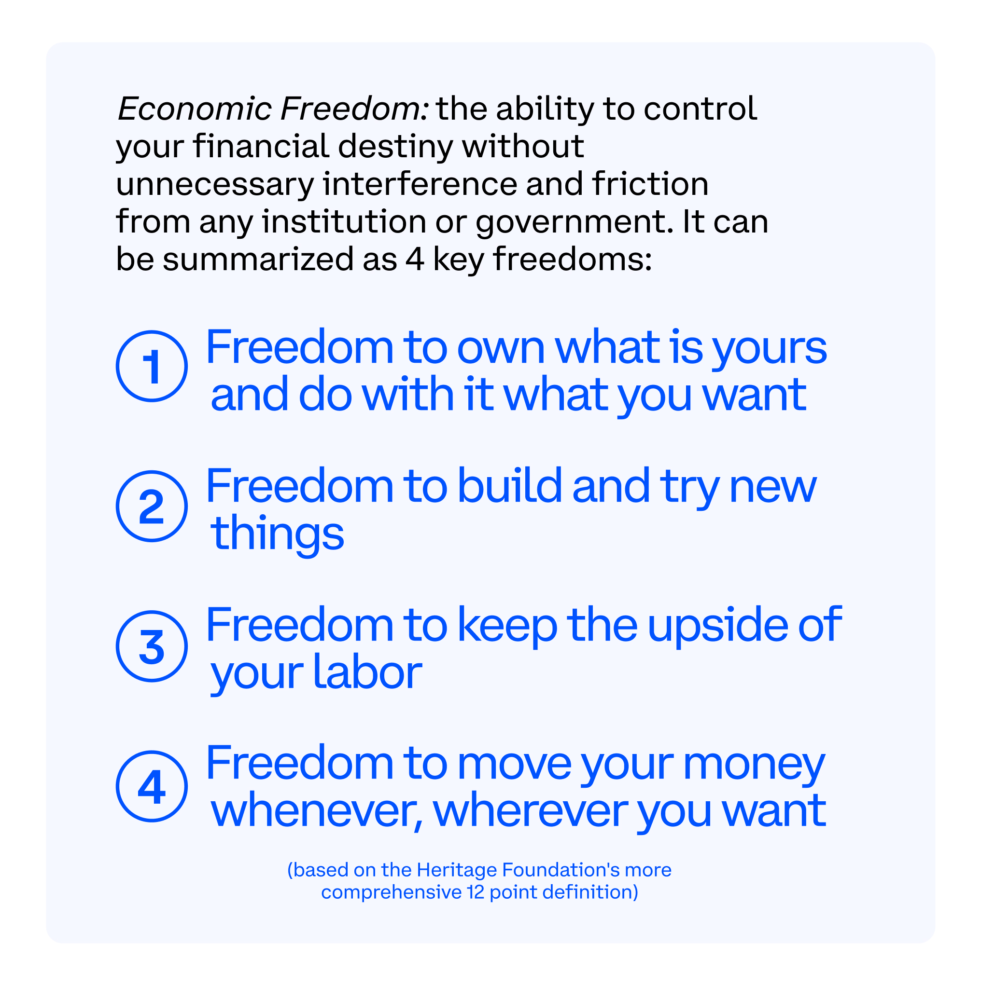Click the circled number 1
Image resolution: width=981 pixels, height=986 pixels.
152,366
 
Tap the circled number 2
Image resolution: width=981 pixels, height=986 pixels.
152,506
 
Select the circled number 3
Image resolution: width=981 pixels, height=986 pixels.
152,645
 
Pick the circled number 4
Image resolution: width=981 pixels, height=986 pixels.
152,786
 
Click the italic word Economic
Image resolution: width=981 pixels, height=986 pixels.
195,109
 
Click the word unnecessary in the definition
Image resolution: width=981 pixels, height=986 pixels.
214,185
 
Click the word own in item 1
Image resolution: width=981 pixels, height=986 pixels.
501,347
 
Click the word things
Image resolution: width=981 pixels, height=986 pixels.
277,534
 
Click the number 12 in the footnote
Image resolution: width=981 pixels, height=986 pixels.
476,891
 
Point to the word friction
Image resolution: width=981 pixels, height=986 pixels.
650,184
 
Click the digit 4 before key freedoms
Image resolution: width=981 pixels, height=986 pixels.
415,259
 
